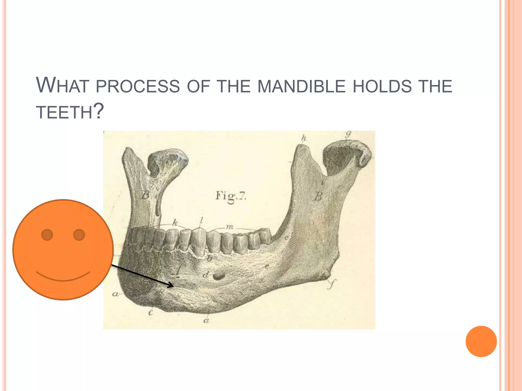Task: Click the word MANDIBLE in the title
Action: pyautogui.click(x=301, y=86)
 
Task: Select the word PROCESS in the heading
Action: pyautogui.click(x=138, y=86)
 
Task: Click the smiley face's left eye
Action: pyautogui.click(x=47, y=235)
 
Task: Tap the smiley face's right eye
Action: pyautogui.click(x=79, y=235)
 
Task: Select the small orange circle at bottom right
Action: pyautogui.click(x=481, y=341)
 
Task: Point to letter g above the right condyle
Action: pyautogui.click(x=348, y=134)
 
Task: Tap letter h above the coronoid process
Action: pyautogui.click(x=304, y=138)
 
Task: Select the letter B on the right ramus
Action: pyautogui.click(x=318, y=196)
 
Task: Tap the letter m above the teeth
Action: pyautogui.click(x=229, y=227)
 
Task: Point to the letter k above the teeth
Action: pyautogui.click(x=175, y=223)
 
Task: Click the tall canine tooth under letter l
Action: pyautogui.click(x=198, y=241)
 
